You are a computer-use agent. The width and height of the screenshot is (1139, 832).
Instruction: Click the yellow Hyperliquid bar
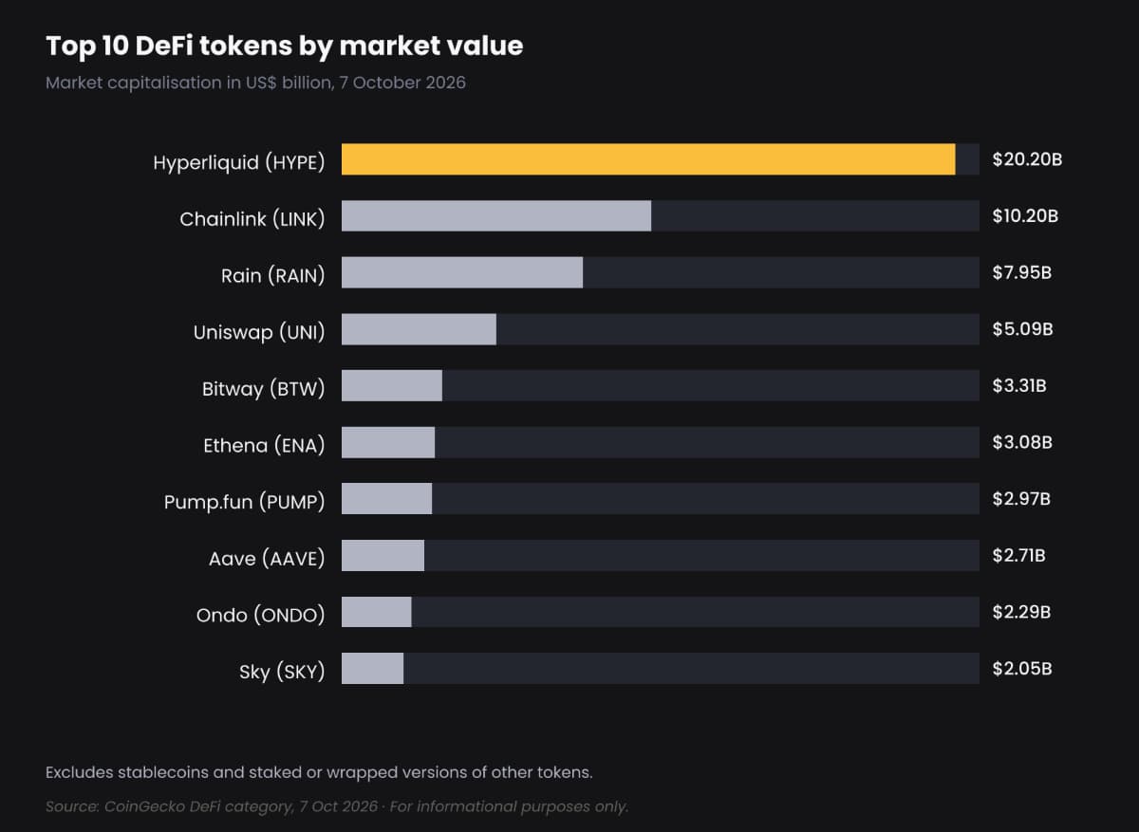(648, 159)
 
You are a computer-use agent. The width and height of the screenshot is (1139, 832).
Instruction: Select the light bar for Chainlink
(496, 216)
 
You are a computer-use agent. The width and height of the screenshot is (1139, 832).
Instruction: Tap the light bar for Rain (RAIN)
(462, 272)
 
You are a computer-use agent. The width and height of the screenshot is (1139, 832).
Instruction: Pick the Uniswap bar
(419, 329)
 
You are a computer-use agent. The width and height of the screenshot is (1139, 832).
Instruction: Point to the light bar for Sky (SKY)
(373, 668)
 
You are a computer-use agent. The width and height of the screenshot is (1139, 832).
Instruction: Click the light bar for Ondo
(376, 612)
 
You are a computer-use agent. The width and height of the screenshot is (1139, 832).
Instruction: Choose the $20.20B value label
(1027, 159)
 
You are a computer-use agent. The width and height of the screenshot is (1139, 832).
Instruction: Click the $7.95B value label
(1022, 273)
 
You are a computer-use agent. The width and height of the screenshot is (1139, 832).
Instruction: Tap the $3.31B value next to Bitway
(1019, 386)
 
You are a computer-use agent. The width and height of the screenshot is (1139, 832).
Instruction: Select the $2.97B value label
(1021, 499)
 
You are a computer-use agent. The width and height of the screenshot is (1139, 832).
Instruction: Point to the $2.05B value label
(1022, 668)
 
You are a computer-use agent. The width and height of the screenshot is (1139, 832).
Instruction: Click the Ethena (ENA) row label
(264, 446)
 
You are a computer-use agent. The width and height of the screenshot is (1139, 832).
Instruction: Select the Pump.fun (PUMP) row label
(244, 502)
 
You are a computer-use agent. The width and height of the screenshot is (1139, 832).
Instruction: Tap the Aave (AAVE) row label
(267, 559)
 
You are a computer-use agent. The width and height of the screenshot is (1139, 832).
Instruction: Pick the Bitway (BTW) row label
(264, 389)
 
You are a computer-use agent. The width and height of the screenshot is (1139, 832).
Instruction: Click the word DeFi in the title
(164, 46)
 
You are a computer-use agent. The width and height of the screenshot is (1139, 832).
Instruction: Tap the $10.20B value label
(1025, 216)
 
